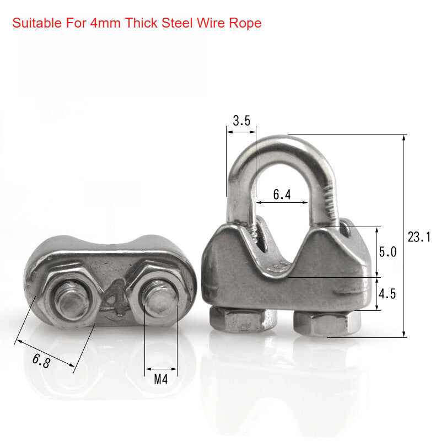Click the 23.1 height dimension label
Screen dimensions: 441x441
[419, 238]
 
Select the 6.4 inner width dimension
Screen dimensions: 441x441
[282, 195]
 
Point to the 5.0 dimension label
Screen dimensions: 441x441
[388, 252]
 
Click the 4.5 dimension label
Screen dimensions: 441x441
[387, 293]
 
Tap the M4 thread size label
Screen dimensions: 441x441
[160, 380]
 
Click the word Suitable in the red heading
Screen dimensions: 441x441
[34, 24]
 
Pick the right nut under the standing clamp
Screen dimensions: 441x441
[327, 323]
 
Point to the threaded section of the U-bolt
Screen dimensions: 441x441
[331, 204]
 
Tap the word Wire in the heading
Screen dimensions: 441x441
[211, 24]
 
